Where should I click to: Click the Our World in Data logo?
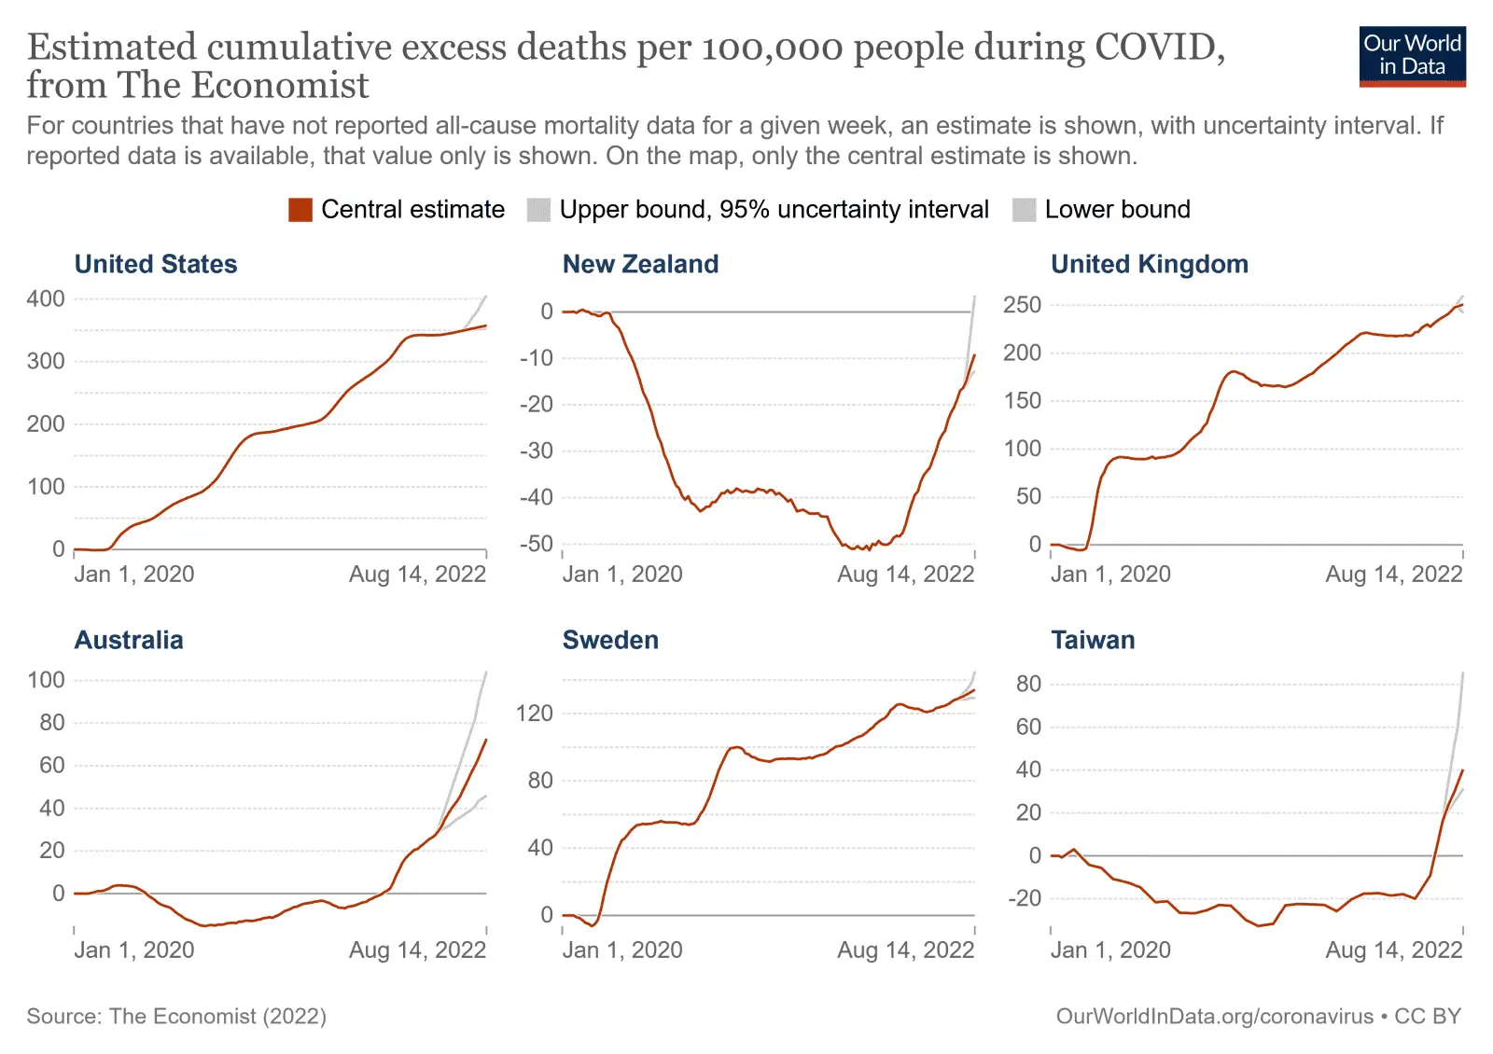(x=1412, y=56)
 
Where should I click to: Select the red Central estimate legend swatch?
(x=300, y=210)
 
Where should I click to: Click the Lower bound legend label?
(x=1117, y=210)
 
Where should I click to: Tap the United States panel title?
(x=156, y=265)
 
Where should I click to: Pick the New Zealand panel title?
(x=640, y=265)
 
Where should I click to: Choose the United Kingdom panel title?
(x=1149, y=265)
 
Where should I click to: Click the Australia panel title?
(x=129, y=641)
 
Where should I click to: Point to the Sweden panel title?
(x=610, y=641)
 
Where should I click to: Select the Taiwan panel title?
(x=1093, y=641)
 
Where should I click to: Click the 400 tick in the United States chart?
(x=46, y=299)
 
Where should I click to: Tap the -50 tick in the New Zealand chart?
(x=537, y=544)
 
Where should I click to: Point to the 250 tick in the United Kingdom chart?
(x=1022, y=305)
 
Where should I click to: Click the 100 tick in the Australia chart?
(x=46, y=680)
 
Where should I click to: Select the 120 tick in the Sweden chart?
(x=534, y=714)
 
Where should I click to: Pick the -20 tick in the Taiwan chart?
(x=1027, y=898)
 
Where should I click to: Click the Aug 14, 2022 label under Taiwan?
(x=1393, y=950)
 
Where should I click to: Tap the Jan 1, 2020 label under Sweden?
(x=622, y=950)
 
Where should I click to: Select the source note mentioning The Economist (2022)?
(x=176, y=1017)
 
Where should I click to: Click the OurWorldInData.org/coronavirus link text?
(x=1214, y=1017)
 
